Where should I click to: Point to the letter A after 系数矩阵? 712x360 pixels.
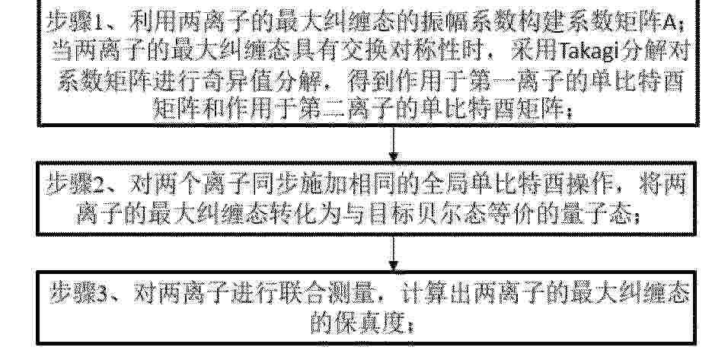tap(669, 23)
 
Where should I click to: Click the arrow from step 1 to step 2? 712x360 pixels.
tap(394, 143)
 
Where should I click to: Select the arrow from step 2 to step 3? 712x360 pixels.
tap(394, 253)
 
